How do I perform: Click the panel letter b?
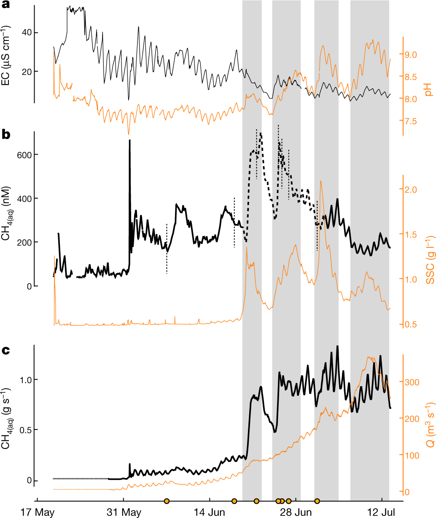(x=6, y=135)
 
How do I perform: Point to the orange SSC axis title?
(x=428, y=257)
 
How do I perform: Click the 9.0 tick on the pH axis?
(x=411, y=55)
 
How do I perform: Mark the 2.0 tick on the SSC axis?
(x=411, y=190)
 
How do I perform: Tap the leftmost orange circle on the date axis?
(x=167, y=501)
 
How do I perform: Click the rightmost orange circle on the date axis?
(x=317, y=501)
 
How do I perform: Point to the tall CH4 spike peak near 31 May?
(x=129, y=141)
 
